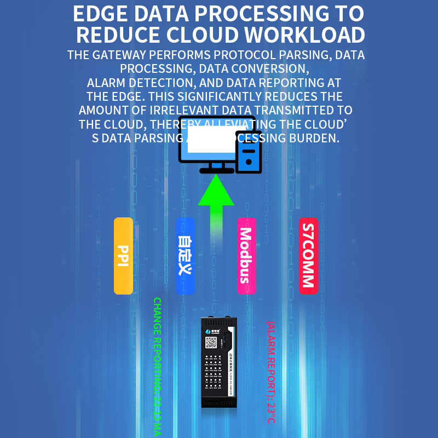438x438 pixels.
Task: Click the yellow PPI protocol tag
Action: pyautogui.click(x=123, y=256)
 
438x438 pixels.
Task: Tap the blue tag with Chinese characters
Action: pyautogui.click(x=185, y=256)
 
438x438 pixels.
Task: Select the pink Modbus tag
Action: pyautogui.click(x=246, y=256)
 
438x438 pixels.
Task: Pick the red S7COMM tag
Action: pyautogui.click(x=308, y=256)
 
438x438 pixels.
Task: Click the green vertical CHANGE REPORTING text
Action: pyautogui.click(x=157, y=367)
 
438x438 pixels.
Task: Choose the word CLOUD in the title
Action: pyautogui.click(x=203, y=35)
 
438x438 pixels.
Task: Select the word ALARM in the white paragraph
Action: pyautogui.click(x=110, y=83)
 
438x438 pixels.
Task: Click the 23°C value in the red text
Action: pyautogui.click(x=270, y=414)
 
